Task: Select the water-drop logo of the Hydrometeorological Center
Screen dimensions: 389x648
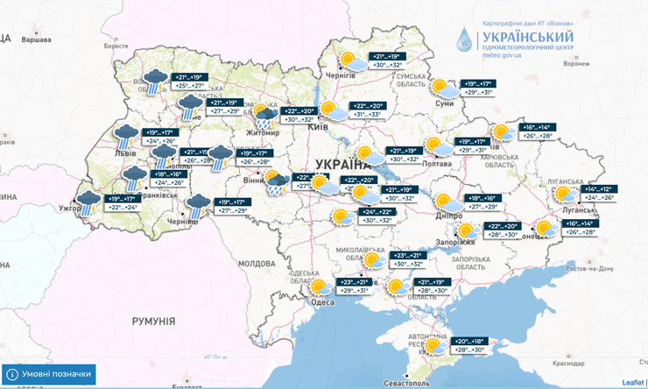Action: (462, 39)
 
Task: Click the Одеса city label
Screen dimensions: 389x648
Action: (323, 302)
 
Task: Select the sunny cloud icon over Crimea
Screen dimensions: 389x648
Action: (433, 345)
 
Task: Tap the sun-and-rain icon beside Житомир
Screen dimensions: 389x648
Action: (262, 113)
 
